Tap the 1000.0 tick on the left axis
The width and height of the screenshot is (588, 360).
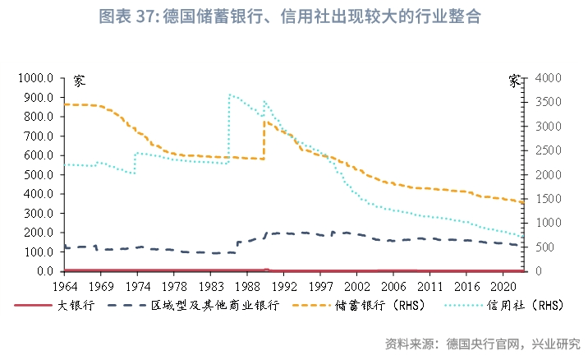pos(38,78)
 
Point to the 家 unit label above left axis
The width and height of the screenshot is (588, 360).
pos(79,81)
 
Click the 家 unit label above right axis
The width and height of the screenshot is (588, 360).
pos(514,81)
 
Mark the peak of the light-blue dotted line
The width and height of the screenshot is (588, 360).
pos(230,95)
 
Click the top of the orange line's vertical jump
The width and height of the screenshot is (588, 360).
pos(264,122)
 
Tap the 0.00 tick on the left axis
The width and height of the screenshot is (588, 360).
pos(43,271)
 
